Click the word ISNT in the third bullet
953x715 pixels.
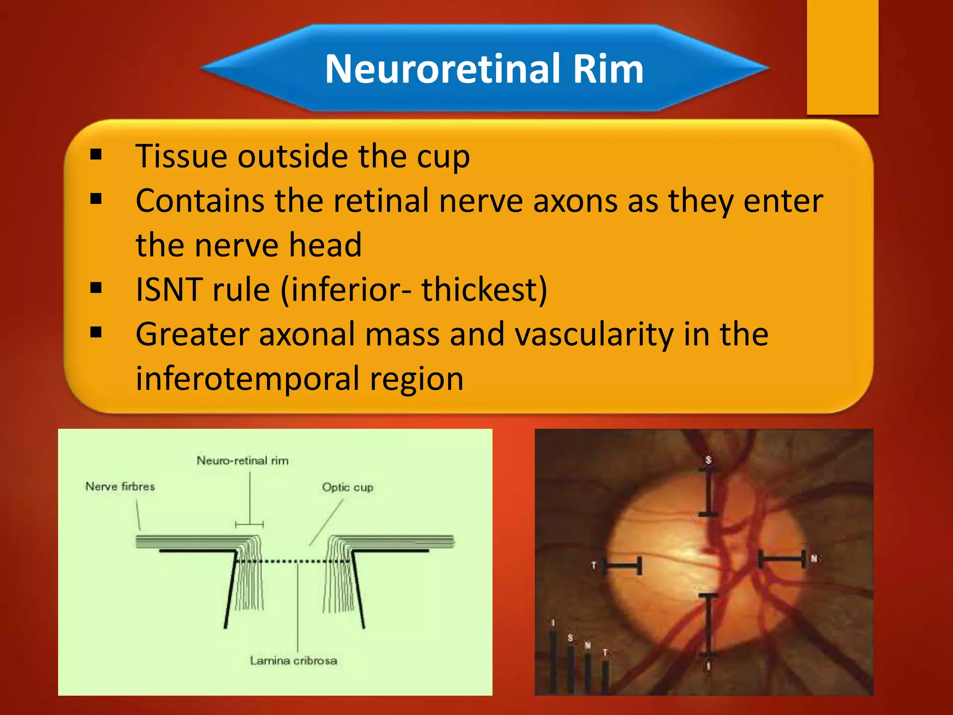(169, 290)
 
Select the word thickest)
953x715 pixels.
(484, 290)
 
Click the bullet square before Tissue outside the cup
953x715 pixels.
(96, 155)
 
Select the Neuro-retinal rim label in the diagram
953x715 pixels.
(242, 461)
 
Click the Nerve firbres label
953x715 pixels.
(120, 486)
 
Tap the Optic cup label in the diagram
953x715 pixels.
(348, 487)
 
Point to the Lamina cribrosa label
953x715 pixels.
(293, 661)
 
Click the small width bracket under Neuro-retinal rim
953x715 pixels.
(249, 525)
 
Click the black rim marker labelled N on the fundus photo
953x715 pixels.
(782, 558)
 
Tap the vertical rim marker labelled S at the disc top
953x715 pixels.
(708, 492)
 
